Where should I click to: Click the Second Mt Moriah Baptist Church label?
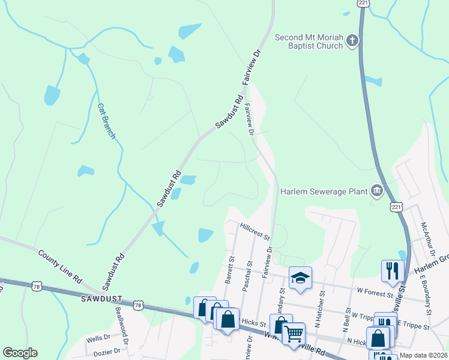[x=309, y=42]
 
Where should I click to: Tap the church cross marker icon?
[x=352, y=41]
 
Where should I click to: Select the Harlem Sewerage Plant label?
[x=325, y=192]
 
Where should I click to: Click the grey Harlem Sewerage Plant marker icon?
[x=377, y=191]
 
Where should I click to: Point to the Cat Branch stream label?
[x=106, y=120]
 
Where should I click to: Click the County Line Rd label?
[x=59, y=267]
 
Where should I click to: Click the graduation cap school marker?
[x=300, y=278]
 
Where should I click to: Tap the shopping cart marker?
[x=294, y=333]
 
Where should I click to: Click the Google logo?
[x=20, y=353]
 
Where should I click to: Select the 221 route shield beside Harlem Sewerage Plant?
[x=395, y=206]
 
